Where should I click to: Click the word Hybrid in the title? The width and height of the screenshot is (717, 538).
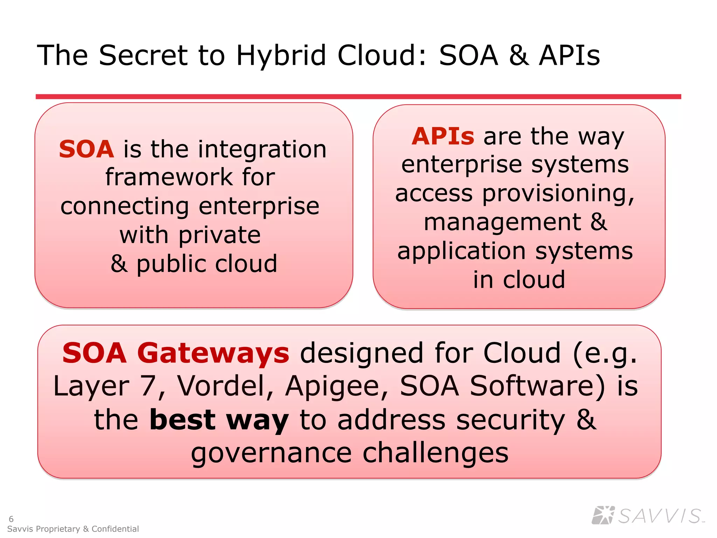(x=281, y=55)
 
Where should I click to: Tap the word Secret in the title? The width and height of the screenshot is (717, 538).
(x=144, y=55)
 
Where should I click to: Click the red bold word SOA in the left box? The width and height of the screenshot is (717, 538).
(x=86, y=149)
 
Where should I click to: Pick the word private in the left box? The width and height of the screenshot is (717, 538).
(x=220, y=235)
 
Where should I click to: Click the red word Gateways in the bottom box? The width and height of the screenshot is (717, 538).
(x=213, y=353)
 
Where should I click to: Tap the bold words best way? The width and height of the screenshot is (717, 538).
(x=219, y=420)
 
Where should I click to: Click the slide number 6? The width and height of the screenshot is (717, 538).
(x=11, y=519)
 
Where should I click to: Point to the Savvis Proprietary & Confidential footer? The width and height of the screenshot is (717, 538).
(x=73, y=529)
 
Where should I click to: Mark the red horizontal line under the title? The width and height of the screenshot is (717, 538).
(x=358, y=96)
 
